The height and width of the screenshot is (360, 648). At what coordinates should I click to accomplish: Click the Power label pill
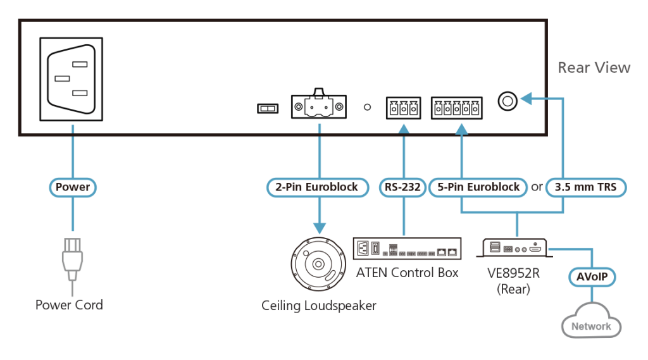coord(73,187)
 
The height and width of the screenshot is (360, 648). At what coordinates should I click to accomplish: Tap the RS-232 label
coord(402,187)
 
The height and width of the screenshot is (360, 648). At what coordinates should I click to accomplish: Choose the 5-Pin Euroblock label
coord(478,187)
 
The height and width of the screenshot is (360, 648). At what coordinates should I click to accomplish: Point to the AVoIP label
coord(590,278)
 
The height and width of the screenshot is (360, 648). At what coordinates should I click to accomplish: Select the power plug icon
coord(72,261)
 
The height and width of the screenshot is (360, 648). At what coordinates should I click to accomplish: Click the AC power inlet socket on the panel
coord(72,79)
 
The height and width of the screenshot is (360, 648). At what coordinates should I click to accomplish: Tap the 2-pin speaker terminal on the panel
coord(318,107)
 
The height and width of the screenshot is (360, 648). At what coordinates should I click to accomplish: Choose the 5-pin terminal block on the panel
coord(457,108)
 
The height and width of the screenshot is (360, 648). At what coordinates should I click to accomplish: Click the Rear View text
coord(593,68)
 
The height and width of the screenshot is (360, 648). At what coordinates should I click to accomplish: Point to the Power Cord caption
coord(69,305)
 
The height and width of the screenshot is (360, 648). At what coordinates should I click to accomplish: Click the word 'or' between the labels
coord(536,187)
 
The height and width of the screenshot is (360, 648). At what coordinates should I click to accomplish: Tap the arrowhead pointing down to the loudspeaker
coord(320,227)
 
